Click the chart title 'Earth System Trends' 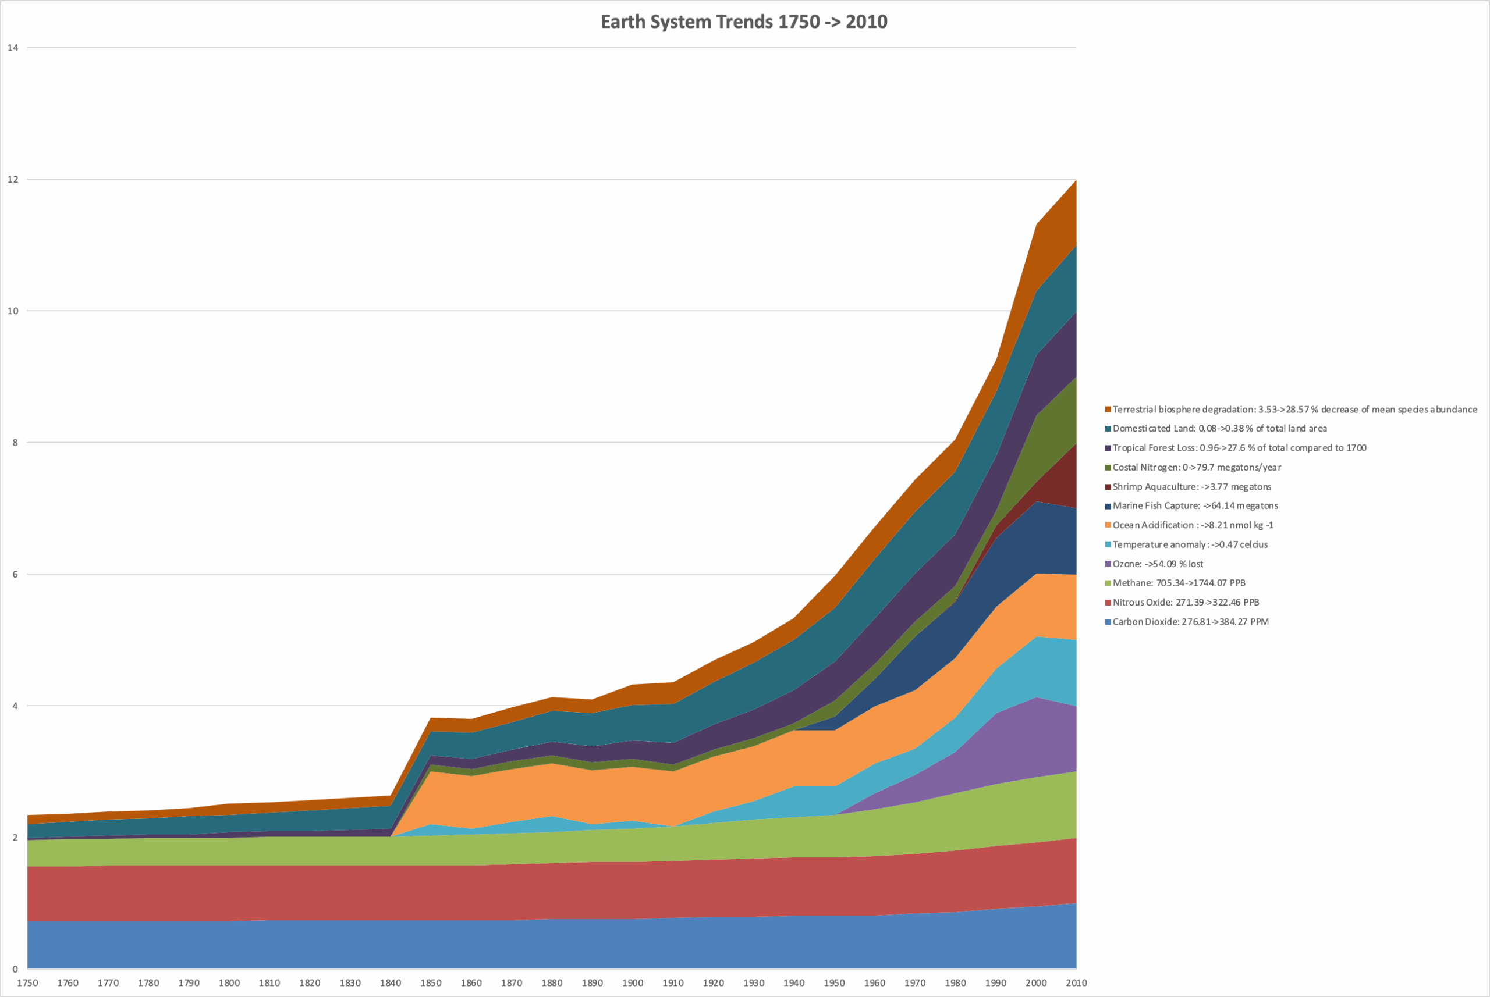(x=744, y=22)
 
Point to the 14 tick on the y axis (x=13, y=48)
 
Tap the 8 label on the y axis (x=15, y=443)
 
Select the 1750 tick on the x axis (x=27, y=982)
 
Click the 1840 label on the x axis (x=391, y=982)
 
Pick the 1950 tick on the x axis (x=834, y=982)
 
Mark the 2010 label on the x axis (x=1076, y=982)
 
